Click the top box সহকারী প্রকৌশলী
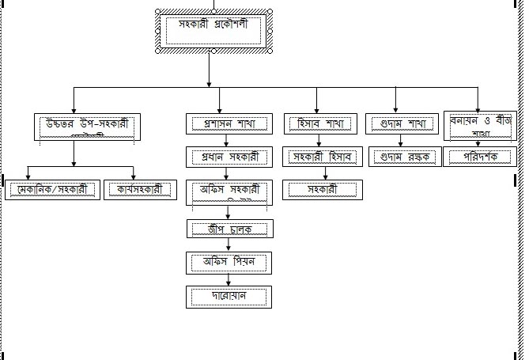pyautogui.click(x=214, y=31)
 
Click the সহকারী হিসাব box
pyautogui.click(x=323, y=157)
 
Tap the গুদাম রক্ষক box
pyautogui.click(x=402, y=157)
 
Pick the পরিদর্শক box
pyautogui.click(x=480, y=157)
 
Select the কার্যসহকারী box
pyautogui.click(x=139, y=190)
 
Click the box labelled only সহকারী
pyautogui.click(x=323, y=190)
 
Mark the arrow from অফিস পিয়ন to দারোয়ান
pyautogui.click(x=229, y=279)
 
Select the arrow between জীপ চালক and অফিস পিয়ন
pyautogui.click(x=229, y=245)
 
